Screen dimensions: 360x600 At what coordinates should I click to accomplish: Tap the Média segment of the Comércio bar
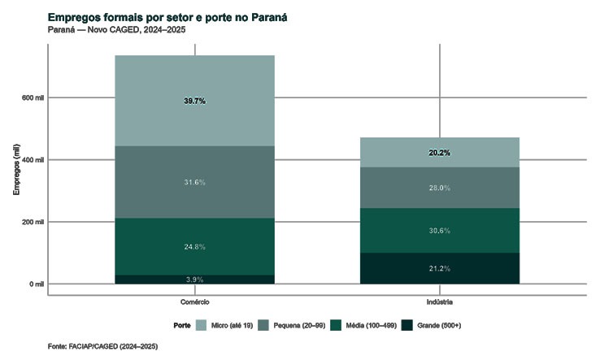pyautogui.click(x=194, y=236)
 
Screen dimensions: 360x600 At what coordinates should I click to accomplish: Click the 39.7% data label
pyautogui.click(x=194, y=101)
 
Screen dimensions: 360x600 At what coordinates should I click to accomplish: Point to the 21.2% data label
pyautogui.click(x=439, y=269)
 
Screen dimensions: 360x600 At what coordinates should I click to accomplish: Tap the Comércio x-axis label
pyautogui.click(x=194, y=301)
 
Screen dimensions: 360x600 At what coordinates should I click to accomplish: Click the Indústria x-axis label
pyautogui.click(x=439, y=301)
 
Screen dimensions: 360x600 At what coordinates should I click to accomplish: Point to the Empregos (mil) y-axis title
pyautogui.click(x=15, y=171)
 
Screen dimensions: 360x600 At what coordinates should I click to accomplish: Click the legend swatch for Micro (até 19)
pyautogui.click(x=202, y=325)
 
